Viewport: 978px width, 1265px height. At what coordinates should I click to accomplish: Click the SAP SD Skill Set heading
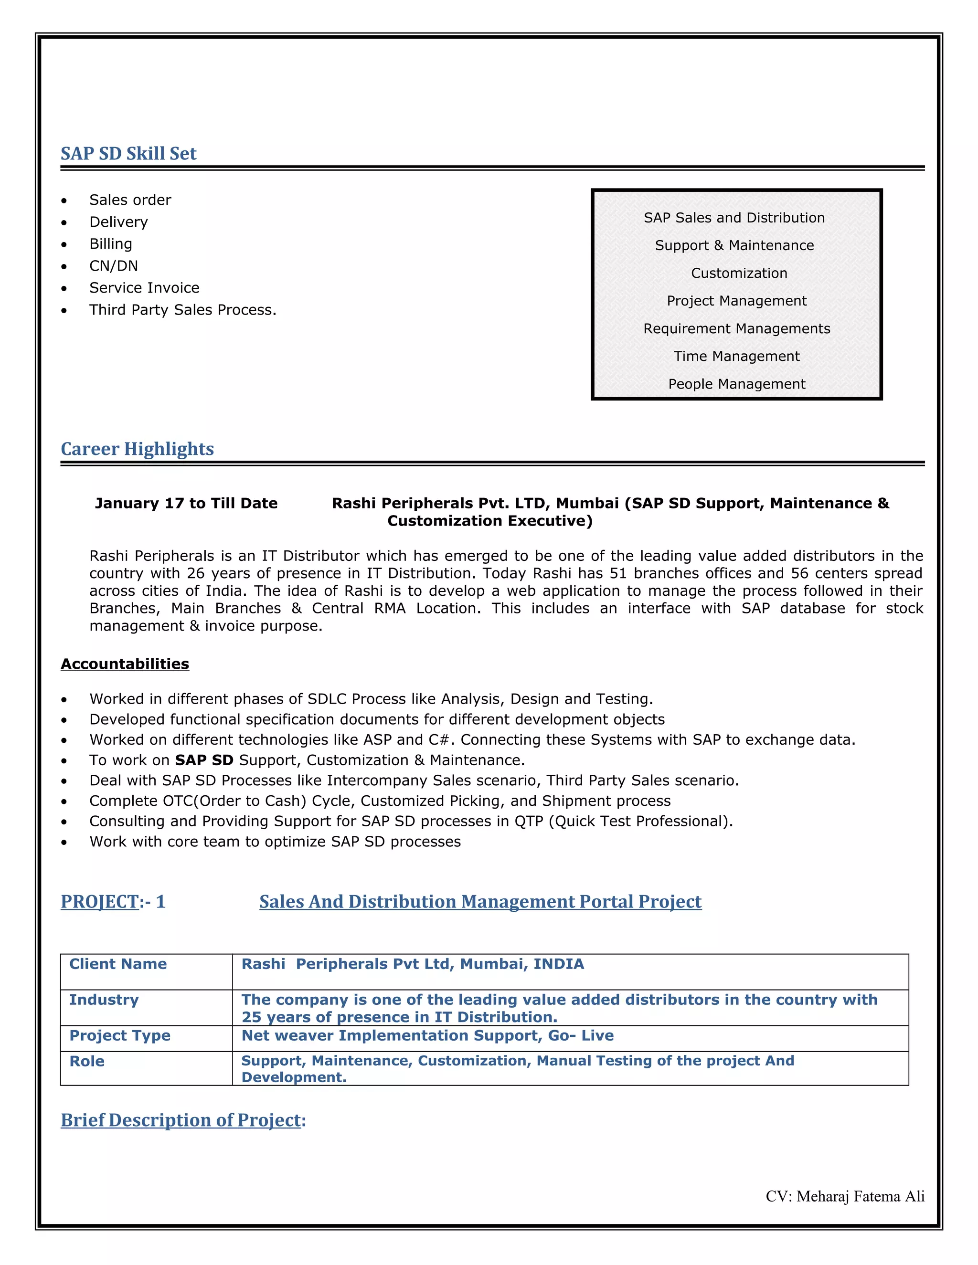coord(128,154)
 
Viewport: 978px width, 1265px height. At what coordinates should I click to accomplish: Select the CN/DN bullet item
coord(114,266)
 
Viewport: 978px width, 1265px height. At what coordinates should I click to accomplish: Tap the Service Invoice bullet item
coord(144,288)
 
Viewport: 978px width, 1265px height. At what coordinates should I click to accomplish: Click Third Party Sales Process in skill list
coord(182,310)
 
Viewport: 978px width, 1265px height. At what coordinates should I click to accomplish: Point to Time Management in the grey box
coord(736,356)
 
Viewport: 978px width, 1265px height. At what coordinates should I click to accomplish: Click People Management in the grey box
coord(736,384)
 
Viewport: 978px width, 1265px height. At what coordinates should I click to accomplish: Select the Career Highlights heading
coord(138,449)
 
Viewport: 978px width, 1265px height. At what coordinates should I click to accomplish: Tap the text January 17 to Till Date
coord(186,503)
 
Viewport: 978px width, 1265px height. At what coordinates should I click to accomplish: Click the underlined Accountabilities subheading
coord(125,664)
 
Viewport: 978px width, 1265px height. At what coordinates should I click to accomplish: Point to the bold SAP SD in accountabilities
coord(204,760)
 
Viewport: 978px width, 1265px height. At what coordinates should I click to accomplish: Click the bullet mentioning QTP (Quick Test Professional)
coord(411,822)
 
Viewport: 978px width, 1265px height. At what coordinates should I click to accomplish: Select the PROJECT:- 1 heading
coord(113,901)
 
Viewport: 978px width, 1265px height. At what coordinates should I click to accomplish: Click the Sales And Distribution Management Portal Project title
coord(480,901)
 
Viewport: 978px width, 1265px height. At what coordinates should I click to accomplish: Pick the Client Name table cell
coord(118,964)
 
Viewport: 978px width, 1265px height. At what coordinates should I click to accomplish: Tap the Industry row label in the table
coord(104,1000)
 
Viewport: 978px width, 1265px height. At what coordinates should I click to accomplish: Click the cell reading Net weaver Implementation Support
coord(427,1036)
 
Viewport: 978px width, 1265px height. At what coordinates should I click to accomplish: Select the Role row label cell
coord(87,1061)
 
